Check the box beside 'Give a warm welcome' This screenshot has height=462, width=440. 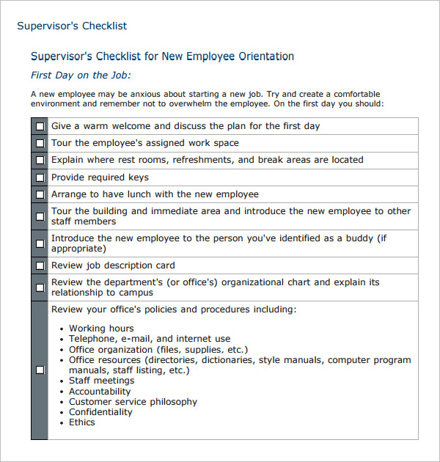[x=40, y=126]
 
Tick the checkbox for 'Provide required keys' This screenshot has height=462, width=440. [x=40, y=177]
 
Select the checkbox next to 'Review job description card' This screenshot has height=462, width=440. [x=40, y=265]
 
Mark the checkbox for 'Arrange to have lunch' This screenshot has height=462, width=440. [x=40, y=195]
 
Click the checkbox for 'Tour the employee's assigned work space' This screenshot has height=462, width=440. [x=40, y=144]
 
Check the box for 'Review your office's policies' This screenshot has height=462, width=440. [x=40, y=370]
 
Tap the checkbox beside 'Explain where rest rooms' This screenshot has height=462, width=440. [x=40, y=160]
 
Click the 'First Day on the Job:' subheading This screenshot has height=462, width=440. [x=81, y=75]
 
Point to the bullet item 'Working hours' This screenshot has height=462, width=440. [x=101, y=329]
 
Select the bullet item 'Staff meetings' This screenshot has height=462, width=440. [x=101, y=381]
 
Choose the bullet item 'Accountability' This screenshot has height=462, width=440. [x=100, y=392]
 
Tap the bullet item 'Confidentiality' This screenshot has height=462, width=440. [x=100, y=412]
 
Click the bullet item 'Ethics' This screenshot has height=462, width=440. [x=82, y=422]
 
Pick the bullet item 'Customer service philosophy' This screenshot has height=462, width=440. [x=133, y=402]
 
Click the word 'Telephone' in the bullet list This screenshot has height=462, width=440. [x=91, y=339]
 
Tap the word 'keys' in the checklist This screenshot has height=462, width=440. [x=137, y=177]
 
